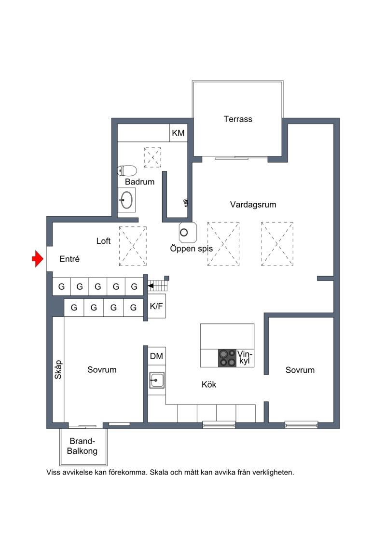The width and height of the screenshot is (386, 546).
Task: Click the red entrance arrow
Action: click(37, 259)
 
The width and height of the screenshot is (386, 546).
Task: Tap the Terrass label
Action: click(238, 119)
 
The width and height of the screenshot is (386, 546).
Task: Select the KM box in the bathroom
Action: click(178, 133)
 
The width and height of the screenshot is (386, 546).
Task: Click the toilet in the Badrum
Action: click(127, 170)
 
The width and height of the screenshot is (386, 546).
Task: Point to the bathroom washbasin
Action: click(126, 200)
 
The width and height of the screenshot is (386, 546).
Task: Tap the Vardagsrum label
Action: click(253, 204)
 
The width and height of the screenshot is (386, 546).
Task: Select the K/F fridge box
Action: click(157, 306)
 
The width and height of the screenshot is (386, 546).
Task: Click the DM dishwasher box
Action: click(157, 356)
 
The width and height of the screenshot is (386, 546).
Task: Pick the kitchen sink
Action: click(157, 380)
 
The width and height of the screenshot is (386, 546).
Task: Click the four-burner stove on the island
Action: click(227, 358)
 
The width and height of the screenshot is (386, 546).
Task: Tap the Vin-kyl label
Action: click(245, 357)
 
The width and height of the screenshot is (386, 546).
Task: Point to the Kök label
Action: click(209, 384)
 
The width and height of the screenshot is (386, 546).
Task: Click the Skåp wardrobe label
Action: click(58, 369)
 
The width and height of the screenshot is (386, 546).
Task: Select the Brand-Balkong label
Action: click(82, 446)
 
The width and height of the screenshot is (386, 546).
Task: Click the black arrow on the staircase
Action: click(151, 286)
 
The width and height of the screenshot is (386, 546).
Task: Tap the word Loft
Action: click(103, 241)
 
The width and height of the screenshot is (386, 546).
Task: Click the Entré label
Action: click(69, 259)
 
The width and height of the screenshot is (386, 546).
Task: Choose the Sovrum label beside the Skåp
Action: click(102, 369)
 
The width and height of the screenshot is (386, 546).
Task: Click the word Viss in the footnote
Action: click(53, 473)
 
